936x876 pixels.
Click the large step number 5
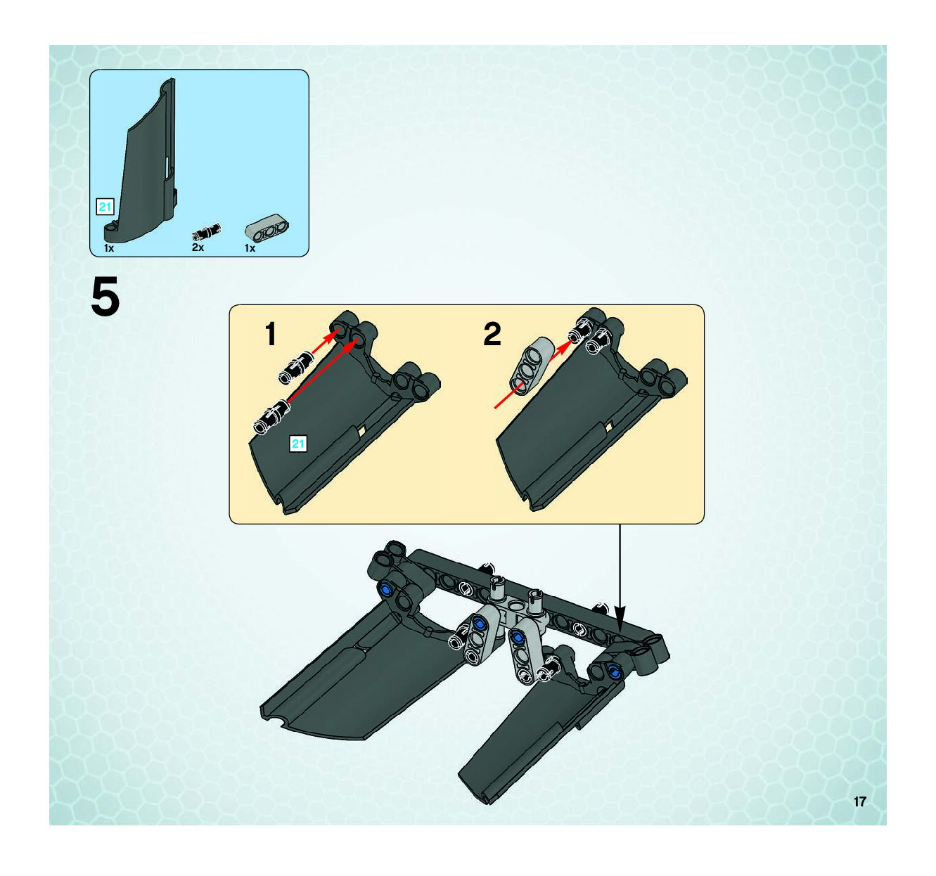[x=105, y=297]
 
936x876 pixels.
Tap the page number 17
[x=859, y=801]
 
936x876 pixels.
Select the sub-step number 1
[x=271, y=334]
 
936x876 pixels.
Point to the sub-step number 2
[x=492, y=334]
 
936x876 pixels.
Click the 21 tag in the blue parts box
[x=105, y=207]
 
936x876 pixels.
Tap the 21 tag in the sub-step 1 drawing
[x=298, y=444]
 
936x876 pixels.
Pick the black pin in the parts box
[x=206, y=231]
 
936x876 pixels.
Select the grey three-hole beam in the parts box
[x=267, y=231]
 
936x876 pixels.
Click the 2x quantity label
[x=198, y=247]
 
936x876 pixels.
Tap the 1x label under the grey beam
[x=250, y=248]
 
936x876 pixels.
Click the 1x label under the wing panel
[x=109, y=248]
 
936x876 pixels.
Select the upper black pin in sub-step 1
[x=295, y=368]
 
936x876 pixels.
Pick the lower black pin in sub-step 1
[x=271, y=417]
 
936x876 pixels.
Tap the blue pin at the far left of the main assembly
[x=386, y=589]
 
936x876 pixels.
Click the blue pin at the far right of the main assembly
[x=614, y=671]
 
